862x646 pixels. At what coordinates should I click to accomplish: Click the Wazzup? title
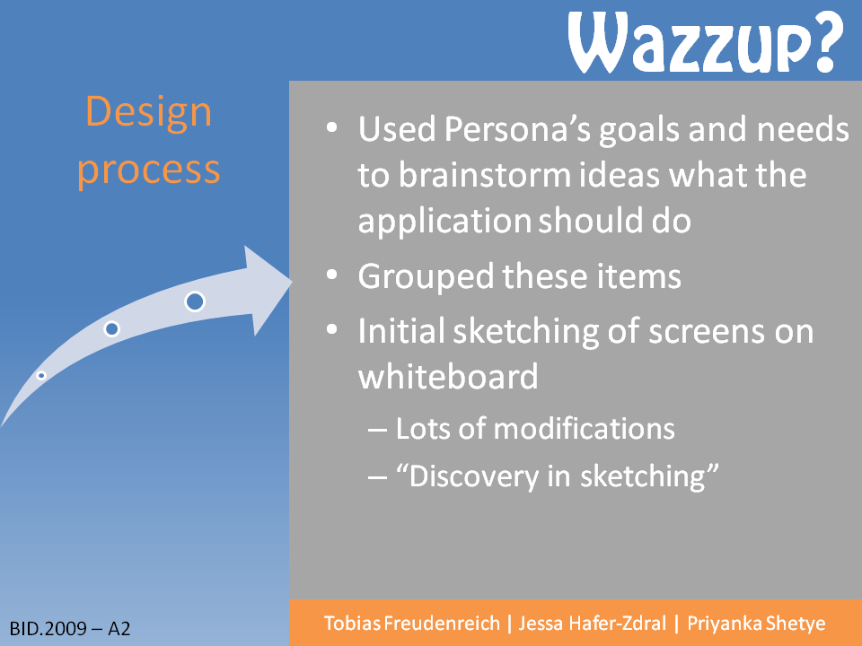click(706, 42)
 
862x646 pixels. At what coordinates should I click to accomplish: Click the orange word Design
click(148, 112)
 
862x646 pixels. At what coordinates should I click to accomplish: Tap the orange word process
click(148, 170)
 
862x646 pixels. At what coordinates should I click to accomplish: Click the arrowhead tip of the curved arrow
click(292, 282)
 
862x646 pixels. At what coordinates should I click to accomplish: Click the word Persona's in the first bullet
click(517, 129)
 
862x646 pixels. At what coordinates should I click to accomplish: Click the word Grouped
click(426, 277)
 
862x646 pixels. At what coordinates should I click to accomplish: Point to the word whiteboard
click(448, 377)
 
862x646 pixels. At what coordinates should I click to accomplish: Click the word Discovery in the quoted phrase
click(474, 476)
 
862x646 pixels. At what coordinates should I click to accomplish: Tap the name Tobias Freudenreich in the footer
click(412, 624)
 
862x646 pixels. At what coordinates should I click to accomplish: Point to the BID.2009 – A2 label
click(70, 628)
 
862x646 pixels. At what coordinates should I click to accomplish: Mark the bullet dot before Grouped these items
click(331, 275)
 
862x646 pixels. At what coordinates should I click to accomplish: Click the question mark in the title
click(826, 42)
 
